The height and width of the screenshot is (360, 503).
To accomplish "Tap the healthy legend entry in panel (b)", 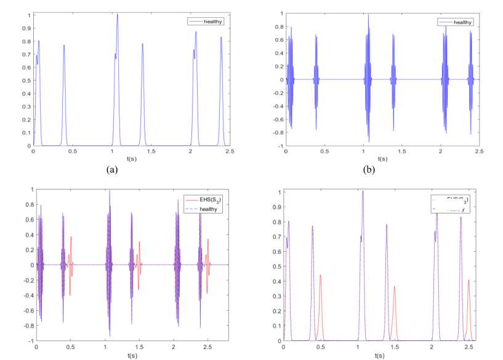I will pyautogui.click(x=465, y=22).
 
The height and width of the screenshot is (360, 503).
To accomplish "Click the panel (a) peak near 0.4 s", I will pyautogui.click(x=63, y=46).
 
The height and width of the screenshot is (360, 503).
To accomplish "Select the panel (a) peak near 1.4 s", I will pyautogui.click(x=142, y=44).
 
